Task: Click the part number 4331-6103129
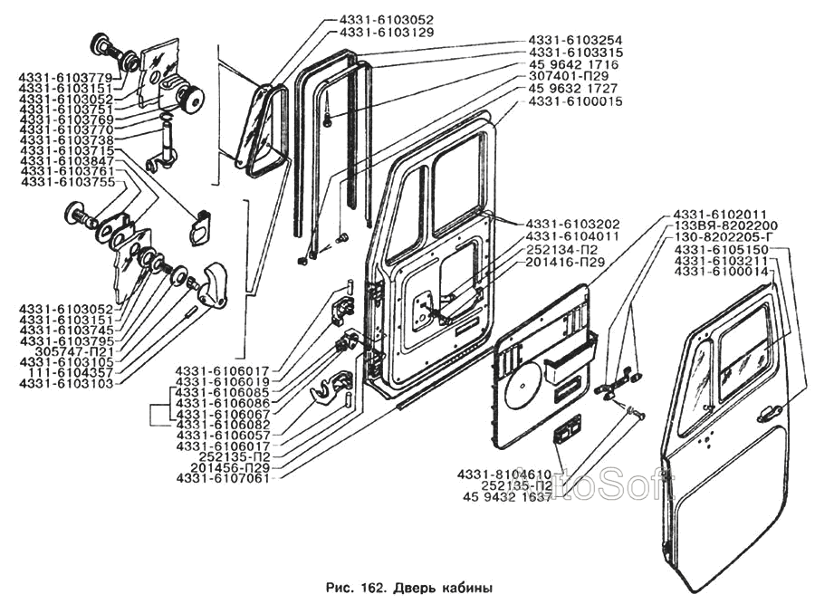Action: (387, 32)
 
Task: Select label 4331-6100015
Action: (575, 102)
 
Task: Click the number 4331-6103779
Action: (66, 76)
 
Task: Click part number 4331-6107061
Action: (224, 478)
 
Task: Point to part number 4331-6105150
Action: (722, 249)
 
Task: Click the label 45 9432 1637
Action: (507, 497)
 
